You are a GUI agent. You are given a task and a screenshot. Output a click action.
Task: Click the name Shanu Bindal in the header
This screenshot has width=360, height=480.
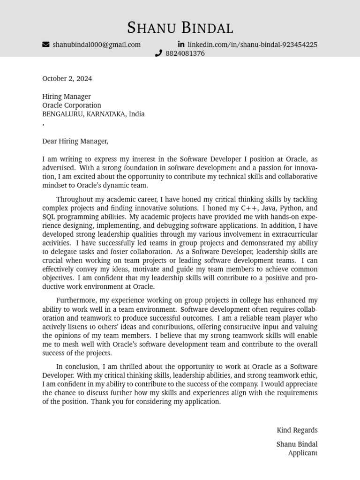(180, 28)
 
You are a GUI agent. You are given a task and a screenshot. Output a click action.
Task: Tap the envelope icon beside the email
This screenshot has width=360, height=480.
(45, 45)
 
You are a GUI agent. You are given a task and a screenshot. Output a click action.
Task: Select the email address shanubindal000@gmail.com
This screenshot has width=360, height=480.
(97, 45)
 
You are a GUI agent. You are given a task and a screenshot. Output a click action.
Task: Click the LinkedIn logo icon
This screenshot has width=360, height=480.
(181, 44)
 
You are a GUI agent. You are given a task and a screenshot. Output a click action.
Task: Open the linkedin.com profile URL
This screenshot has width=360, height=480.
(252, 45)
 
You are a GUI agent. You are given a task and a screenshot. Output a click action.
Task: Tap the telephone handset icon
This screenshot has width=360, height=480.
(158, 53)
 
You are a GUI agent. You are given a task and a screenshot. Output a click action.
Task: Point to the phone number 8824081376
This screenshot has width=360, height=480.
(185, 53)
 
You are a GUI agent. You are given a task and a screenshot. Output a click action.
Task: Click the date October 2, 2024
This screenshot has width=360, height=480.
(67, 79)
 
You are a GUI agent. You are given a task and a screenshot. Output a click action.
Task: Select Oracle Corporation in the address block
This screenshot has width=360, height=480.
(71, 105)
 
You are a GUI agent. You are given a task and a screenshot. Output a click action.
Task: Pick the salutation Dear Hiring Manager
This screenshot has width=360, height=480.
(75, 141)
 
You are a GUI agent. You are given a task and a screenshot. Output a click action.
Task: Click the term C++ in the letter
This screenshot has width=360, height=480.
(249, 208)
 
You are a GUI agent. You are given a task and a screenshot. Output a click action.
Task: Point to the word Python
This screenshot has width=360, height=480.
(292, 208)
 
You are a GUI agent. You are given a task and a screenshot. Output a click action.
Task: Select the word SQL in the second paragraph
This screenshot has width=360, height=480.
(49, 217)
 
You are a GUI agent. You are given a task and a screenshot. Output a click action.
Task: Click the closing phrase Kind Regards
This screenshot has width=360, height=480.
(297, 430)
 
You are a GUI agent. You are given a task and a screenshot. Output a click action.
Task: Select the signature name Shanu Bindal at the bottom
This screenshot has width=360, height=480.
(297, 444)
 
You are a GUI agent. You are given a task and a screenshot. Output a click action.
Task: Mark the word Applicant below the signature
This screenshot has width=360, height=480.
(302, 453)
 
